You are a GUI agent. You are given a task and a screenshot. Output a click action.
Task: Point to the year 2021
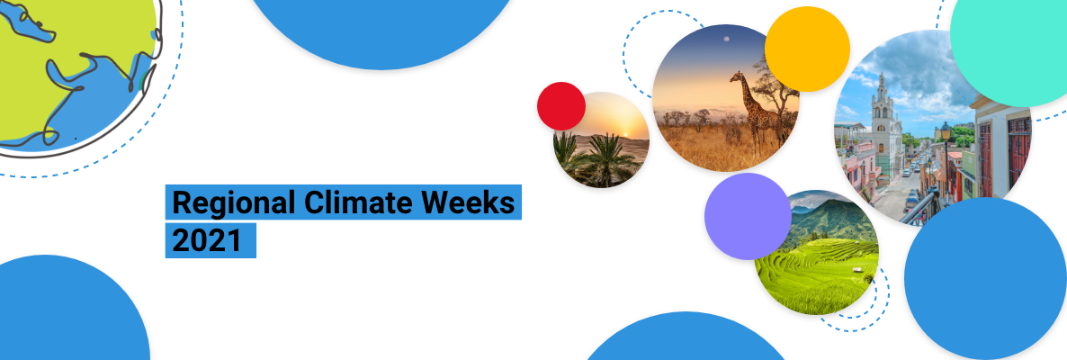tap(207, 241)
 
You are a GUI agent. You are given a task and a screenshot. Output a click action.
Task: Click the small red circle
tap(561, 105)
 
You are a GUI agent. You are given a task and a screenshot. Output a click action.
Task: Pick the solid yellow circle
tap(807, 49)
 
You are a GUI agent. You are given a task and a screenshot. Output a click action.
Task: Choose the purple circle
tap(748, 216)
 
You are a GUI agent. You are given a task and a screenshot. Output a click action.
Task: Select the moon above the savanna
tap(727, 39)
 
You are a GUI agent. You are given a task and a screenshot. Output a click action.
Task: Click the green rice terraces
tap(817, 272)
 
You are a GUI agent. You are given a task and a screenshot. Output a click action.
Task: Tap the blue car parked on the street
tap(911, 201)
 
